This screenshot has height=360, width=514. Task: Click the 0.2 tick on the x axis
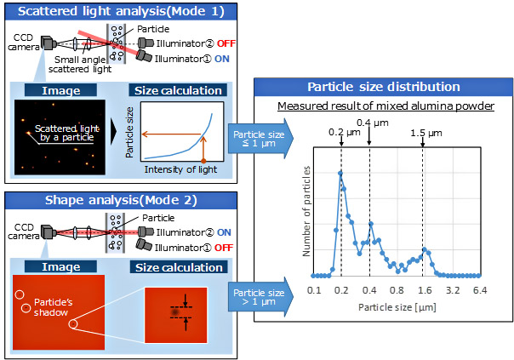tap(341, 290)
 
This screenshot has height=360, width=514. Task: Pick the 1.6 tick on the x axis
tap(422, 290)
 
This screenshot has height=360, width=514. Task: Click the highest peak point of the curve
tap(340, 172)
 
